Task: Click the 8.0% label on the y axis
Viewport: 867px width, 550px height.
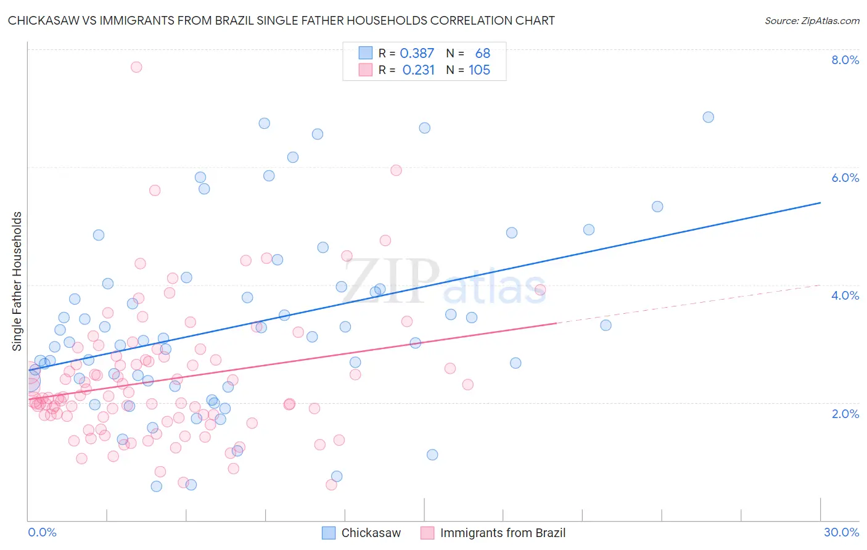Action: (845, 60)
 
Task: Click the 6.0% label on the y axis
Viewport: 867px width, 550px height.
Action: (845, 178)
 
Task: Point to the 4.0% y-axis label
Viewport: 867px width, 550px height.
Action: (845, 295)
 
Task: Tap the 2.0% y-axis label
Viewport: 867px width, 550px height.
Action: (845, 414)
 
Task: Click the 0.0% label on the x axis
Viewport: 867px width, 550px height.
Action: (42, 532)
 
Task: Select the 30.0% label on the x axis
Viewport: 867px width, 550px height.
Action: (841, 532)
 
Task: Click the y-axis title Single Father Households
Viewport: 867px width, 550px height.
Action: (17, 281)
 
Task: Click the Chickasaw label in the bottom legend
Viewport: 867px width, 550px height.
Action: (371, 533)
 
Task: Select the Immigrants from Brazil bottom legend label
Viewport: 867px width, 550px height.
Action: (503, 533)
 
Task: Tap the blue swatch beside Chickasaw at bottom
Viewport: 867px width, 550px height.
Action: (329, 533)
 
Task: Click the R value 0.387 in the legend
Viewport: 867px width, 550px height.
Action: (417, 54)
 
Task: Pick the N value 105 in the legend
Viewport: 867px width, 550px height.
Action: (479, 70)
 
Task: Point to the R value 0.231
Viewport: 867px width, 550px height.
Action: (418, 70)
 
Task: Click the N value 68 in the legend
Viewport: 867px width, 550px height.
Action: (482, 54)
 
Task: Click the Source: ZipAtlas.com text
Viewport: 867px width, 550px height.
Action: (812, 21)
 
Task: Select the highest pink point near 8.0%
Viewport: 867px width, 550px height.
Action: (136, 67)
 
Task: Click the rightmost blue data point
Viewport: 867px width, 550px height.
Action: (708, 117)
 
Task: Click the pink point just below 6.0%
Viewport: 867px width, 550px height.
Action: (396, 170)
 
